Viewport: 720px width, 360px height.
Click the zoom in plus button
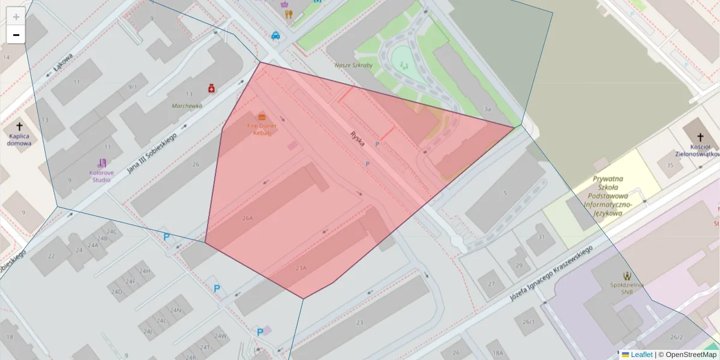16,16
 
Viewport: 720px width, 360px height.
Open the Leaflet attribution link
641,355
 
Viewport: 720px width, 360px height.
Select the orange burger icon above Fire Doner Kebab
262,116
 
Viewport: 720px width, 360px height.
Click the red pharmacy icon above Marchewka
211,88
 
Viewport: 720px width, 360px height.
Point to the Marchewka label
187,106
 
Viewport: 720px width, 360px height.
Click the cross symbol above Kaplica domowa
19,127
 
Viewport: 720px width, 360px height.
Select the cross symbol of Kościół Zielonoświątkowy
701,130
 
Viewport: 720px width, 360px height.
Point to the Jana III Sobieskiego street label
151,154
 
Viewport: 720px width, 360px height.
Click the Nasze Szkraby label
353,64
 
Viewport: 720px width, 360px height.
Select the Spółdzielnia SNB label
628,288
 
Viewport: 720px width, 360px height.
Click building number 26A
248,219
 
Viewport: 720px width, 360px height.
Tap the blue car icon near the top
275,35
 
